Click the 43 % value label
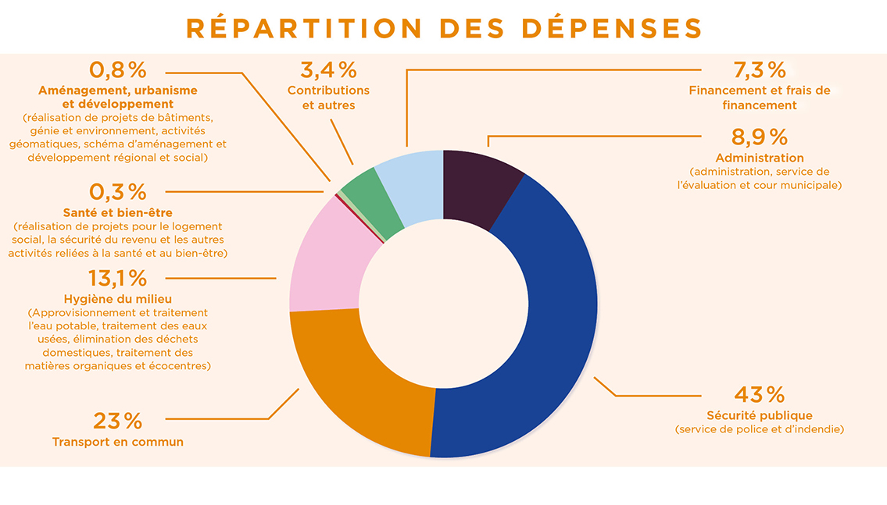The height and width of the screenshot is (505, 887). (759, 394)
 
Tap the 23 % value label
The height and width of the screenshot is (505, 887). (118, 421)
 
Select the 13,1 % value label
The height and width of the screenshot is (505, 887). (117, 278)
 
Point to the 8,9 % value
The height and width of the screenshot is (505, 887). (759, 137)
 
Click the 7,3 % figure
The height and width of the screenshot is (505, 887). (759, 70)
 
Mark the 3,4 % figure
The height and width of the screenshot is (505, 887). (328, 70)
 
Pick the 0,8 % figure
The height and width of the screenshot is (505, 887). (118, 70)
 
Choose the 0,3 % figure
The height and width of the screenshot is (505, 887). (118, 191)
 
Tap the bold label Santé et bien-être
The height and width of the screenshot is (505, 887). (118, 212)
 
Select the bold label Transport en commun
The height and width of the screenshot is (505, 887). (118, 442)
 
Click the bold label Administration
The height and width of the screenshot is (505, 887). (759, 158)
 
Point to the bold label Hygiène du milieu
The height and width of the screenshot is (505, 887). (118, 299)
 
